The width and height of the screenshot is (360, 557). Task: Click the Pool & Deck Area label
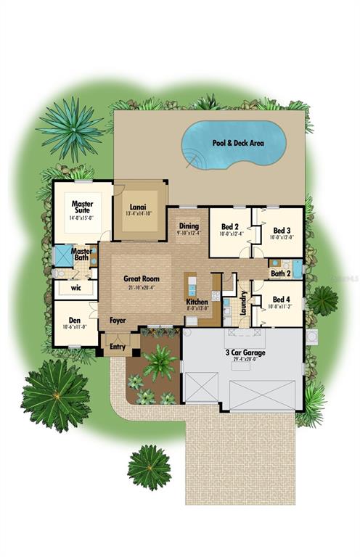(x=238, y=143)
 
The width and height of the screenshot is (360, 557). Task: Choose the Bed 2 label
(x=231, y=227)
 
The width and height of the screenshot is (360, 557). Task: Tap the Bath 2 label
(x=280, y=273)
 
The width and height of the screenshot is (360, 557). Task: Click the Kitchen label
(x=197, y=302)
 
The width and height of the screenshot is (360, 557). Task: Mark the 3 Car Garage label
(x=242, y=352)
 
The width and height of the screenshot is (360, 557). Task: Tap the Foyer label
(x=118, y=320)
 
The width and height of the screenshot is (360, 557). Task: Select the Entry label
(x=118, y=347)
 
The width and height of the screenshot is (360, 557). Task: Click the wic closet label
(x=75, y=288)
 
